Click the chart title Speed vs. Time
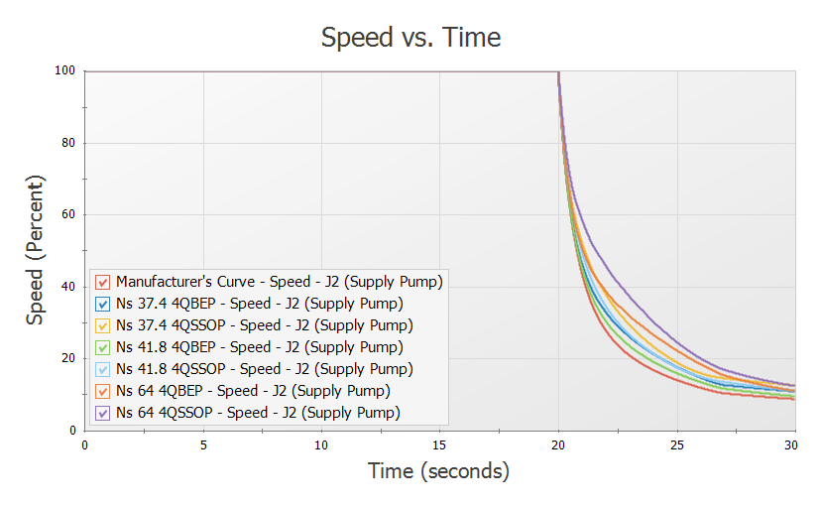tap(410, 38)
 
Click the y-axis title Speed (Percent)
tap(36, 250)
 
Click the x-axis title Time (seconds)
tap(438, 470)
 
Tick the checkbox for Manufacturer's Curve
tap(104, 282)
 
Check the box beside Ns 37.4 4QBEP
tap(104, 304)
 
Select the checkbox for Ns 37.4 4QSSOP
tap(104, 325)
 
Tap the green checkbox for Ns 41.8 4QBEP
tap(104, 347)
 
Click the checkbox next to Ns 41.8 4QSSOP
tap(104, 369)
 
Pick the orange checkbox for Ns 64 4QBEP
tap(104, 391)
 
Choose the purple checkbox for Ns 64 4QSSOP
tap(104, 413)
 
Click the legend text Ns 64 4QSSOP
tap(258, 413)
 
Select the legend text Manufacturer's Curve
tap(279, 282)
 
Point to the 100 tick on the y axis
tap(67, 71)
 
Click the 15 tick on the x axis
tap(439, 445)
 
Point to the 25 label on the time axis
tap(676, 445)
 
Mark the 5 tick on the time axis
tap(203, 445)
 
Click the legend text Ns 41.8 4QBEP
tap(259, 347)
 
